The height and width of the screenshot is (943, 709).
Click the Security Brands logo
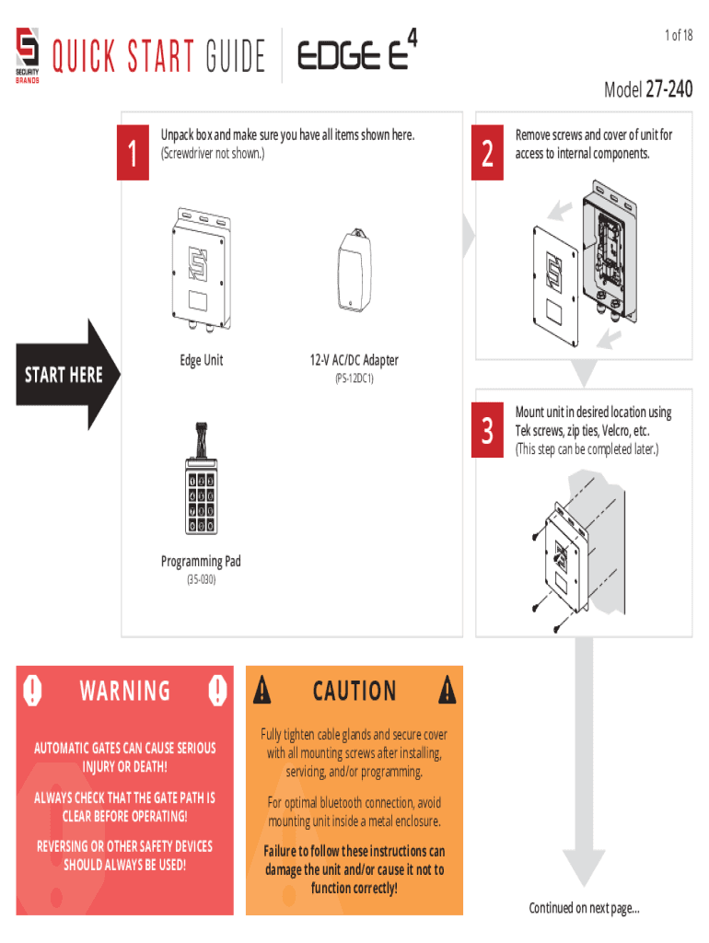pos(27,55)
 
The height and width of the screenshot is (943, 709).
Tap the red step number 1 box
pos(133,153)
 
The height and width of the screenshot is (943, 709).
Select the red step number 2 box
pos(487,153)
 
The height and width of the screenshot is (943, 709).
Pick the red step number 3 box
pos(487,430)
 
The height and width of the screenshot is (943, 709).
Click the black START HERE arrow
pos(67,375)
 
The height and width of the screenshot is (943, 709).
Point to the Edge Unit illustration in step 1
pos(200,269)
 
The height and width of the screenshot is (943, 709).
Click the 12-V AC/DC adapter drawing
pos(354,270)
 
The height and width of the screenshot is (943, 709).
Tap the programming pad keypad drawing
pos(201,478)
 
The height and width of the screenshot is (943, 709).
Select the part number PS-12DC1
pos(354,378)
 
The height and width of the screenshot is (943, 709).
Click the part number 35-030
pos(201,579)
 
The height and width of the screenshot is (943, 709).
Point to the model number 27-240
pos(669,89)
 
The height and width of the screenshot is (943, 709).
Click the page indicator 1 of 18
pos(679,36)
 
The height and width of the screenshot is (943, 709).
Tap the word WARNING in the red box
pos(125,691)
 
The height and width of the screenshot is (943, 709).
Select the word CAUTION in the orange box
pos(354,691)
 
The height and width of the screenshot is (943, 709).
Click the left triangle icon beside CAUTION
pos(262,689)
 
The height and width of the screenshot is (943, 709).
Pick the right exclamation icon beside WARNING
pos(217,690)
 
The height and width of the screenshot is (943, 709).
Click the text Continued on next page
pos(584,907)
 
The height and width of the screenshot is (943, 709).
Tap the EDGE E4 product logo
pos(357,51)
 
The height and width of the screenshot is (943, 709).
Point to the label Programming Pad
pos(201,561)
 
